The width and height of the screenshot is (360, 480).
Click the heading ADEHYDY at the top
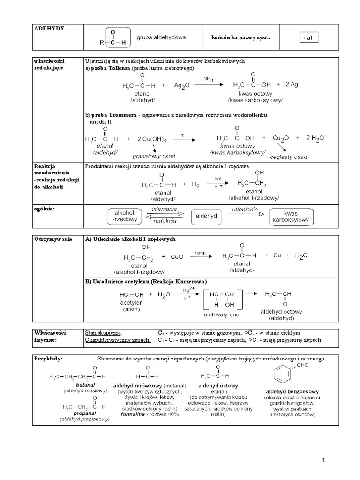49,29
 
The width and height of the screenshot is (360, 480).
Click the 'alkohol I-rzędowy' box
124,216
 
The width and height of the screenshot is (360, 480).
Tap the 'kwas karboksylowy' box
291,216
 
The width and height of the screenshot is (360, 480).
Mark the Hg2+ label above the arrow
188,291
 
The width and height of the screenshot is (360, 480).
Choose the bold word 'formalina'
132,414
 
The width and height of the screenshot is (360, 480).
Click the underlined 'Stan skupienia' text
103,332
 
